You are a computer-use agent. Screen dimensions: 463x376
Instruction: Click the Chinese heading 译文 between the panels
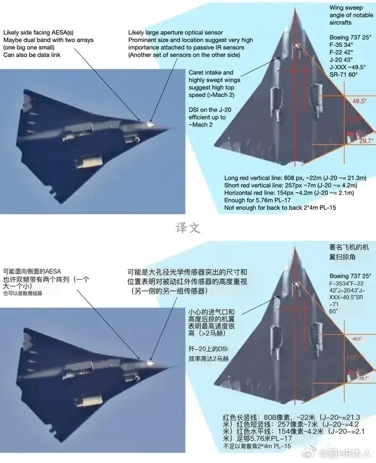[187, 227]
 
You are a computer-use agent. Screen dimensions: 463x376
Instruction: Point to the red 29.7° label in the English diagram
[366, 141]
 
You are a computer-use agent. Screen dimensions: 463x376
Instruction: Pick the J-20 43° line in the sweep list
[340, 59]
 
